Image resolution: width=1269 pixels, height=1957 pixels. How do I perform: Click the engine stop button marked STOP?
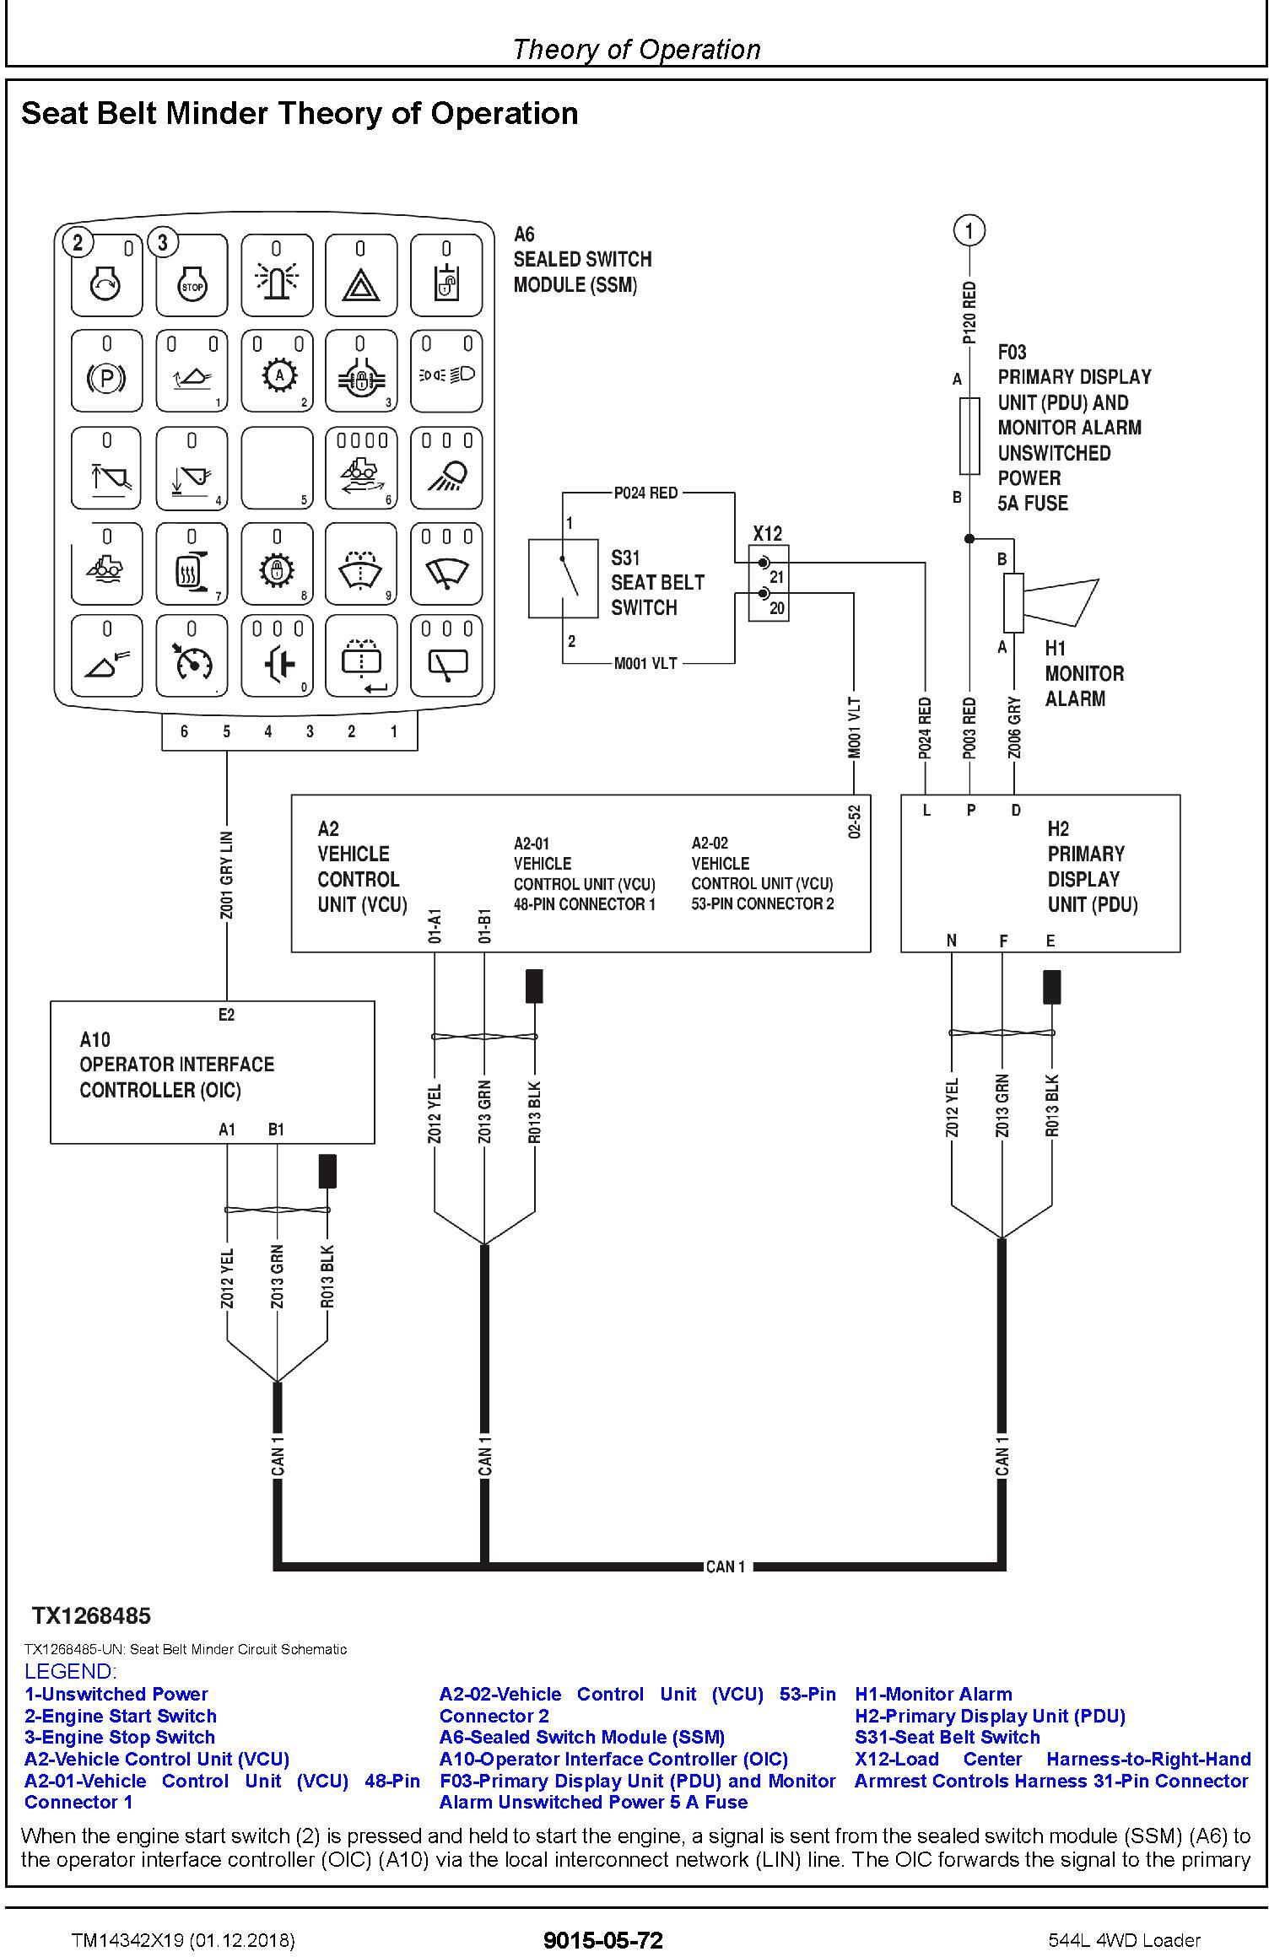(x=192, y=275)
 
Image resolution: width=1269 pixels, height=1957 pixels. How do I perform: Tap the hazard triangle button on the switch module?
(x=361, y=275)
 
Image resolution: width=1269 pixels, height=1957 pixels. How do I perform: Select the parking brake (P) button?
(x=106, y=371)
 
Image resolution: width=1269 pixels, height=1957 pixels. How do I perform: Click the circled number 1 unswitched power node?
(x=969, y=229)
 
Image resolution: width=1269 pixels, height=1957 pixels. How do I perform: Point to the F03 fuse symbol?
(x=969, y=436)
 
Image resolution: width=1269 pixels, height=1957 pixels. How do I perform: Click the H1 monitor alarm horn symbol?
(x=1050, y=603)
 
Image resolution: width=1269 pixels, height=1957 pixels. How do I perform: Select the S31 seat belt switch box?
(x=563, y=579)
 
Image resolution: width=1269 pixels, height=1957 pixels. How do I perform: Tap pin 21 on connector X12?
(x=764, y=562)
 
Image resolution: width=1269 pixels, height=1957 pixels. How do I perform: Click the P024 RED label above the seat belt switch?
(x=645, y=493)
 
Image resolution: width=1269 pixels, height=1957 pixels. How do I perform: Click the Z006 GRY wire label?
(x=1014, y=727)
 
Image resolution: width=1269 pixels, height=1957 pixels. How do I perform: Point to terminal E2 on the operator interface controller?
(x=226, y=1015)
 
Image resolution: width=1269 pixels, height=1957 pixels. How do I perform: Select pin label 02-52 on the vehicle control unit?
(x=855, y=822)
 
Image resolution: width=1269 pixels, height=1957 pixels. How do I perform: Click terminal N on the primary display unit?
(x=952, y=941)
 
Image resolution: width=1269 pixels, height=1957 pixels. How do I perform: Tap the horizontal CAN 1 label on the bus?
(x=726, y=1566)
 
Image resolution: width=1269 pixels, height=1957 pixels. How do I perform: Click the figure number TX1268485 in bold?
(x=92, y=1615)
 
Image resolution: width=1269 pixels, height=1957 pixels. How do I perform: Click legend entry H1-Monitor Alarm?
(x=933, y=1694)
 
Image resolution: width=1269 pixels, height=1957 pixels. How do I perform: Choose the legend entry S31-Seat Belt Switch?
(x=947, y=1737)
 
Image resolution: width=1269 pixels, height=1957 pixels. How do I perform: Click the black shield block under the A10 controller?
(x=328, y=1171)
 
